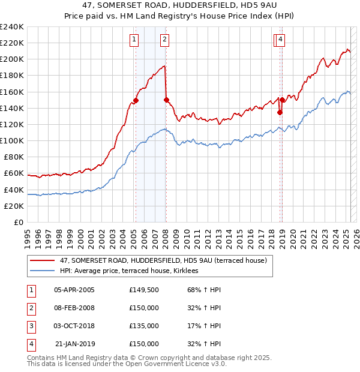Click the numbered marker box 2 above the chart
pyautogui.click(x=164, y=40)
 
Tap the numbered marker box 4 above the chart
pyautogui.click(x=280, y=40)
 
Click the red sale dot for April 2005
pyautogui.click(x=136, y=100)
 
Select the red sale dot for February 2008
pyautogui.click(x=166, y=100)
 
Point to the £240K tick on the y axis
pyautogui.click(x=12, y=27)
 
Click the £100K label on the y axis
pyautogui.click(x=12, y=140)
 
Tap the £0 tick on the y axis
pyautogui.click(x=18, y=222)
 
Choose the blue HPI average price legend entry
pyautogui.click(x=133, y=271)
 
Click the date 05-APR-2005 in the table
pyautogui.click(x=74, y=289)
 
